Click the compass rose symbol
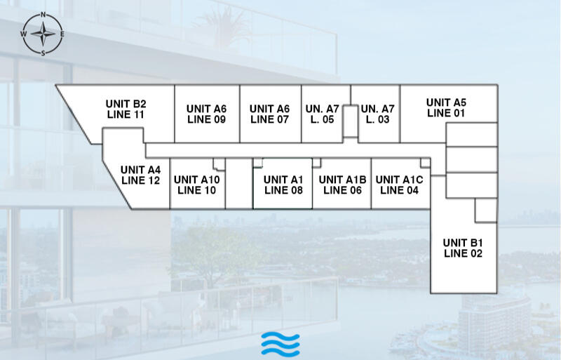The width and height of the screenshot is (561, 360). (43, 33)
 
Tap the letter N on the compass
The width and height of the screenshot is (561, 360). (43, 15)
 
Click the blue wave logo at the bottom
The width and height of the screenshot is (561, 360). (280, 343)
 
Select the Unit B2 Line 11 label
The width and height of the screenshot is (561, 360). (126, 108)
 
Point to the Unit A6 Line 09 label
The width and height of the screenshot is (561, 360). (206, 114)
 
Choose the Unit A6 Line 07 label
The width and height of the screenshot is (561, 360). (269, 114)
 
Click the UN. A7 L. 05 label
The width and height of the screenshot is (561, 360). (323, 114)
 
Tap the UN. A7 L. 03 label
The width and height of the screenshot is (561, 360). (378, 114)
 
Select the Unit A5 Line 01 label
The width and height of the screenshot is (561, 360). (446, 107)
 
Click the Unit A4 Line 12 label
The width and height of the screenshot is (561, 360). (140, 175)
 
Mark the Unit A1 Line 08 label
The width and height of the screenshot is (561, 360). (283, 185)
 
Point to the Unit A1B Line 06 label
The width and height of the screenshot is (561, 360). (342, 185)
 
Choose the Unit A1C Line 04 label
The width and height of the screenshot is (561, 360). (399, 185)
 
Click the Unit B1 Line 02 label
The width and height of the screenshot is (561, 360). (463, 248)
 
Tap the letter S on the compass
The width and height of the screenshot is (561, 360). (43, 52)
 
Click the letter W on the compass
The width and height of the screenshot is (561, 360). (24, 34)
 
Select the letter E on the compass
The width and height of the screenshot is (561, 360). (62, 34)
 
